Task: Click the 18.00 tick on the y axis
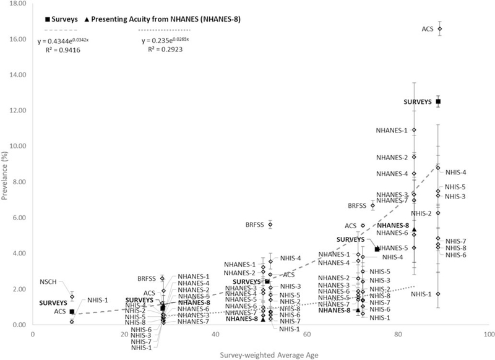point(16,4)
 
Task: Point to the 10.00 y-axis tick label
point(16,146)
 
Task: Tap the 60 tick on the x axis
point(306,334)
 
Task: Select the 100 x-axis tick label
point(488,334)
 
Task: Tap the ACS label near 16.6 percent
point(428,28)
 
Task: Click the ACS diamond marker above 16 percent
point(440,28)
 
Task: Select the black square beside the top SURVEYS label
point(438,101)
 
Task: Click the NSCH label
point(48,281)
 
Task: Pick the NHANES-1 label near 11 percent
point(392,131)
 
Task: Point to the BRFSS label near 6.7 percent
point(358,205)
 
